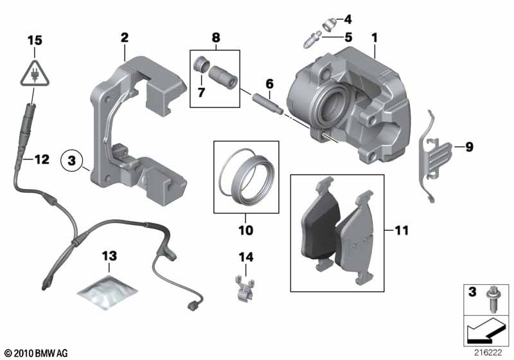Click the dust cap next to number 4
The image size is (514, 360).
pyautogui.click(x=329, y=23)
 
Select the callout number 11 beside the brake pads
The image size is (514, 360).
pyautogui.click(x=402, y=229)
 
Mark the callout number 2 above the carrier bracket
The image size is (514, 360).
pyautogui.click(x=125, y=38)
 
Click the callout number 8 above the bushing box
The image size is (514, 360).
pyautogui.click(x=215, y=38)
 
